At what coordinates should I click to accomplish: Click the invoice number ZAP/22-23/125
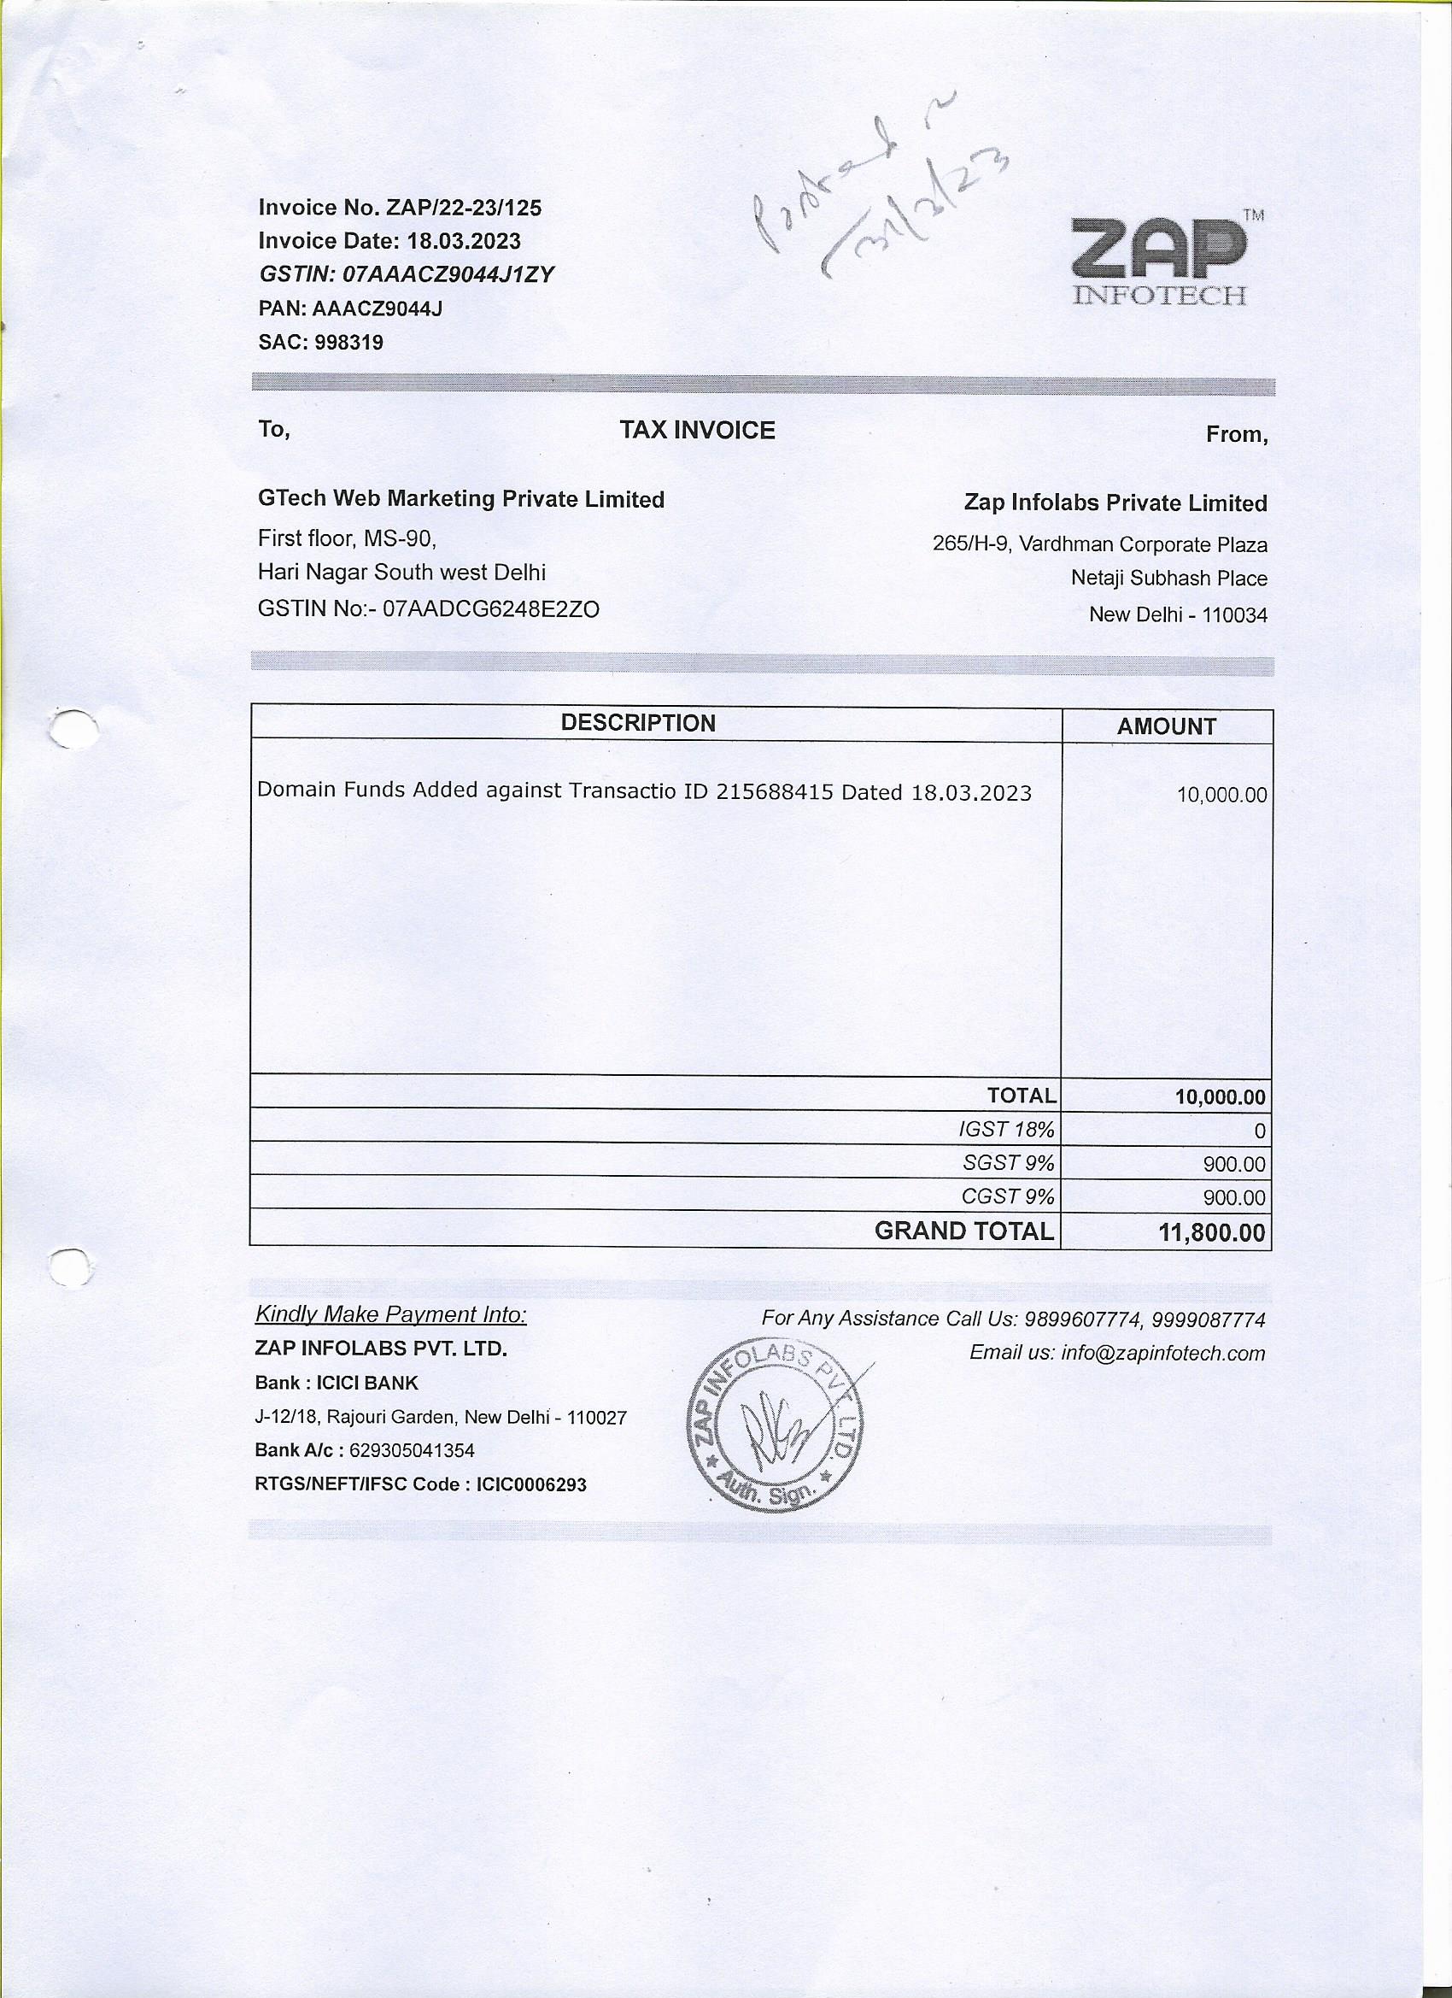[463, 208]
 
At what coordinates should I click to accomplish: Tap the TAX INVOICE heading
[696, 430]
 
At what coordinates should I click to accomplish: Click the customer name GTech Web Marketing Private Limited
[460, 499]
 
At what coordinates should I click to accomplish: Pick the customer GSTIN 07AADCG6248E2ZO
[491, 608]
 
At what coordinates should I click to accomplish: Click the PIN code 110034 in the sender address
[1234, 615]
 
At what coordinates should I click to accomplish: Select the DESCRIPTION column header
[638, 723]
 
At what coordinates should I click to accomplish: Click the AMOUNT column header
[1166, 726]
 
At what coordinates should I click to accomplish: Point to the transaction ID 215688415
[774, 792]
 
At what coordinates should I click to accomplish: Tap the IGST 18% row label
[1005, 1130]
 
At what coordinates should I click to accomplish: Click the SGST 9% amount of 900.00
[1233, 1165]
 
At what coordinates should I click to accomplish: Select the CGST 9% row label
[1007, 1196]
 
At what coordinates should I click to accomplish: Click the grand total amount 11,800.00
[1212, 1232]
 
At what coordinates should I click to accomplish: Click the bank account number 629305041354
[411, 1450]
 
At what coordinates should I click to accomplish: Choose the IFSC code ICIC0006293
[531, 1484]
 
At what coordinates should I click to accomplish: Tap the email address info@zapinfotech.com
[1162, 1353]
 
